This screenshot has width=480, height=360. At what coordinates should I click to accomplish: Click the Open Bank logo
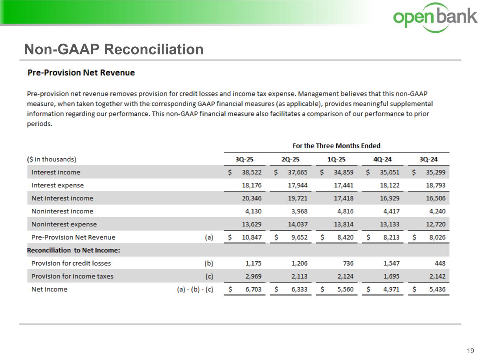435,17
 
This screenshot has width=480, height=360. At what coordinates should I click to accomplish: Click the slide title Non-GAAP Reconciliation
114,49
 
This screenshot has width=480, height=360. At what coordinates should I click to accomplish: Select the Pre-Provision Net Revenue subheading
81,73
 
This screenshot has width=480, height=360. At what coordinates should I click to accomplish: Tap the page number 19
470,351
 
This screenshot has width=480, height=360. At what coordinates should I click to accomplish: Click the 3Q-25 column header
244,159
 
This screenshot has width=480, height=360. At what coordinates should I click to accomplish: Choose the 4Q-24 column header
382,159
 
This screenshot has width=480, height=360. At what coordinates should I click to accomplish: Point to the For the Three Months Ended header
336,146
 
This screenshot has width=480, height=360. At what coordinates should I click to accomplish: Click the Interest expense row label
58,185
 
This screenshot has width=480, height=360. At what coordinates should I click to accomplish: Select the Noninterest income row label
62,211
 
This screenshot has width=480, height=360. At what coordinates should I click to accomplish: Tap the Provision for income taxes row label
72,276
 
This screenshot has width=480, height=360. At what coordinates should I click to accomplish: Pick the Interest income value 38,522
251,172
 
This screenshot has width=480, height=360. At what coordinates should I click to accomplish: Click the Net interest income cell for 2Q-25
297,198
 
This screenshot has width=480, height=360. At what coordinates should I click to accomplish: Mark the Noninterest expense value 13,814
344,224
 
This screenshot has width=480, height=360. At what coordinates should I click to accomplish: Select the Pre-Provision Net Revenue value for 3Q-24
437,237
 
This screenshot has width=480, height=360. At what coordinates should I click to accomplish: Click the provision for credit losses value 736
347,263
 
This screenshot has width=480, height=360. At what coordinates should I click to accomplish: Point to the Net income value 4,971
391,289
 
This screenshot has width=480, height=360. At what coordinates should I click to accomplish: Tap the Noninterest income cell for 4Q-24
391,211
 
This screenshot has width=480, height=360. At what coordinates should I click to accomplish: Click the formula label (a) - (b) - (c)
195,289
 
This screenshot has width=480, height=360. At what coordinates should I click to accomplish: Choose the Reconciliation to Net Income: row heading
73,250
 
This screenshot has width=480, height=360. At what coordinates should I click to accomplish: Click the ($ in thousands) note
52,159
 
